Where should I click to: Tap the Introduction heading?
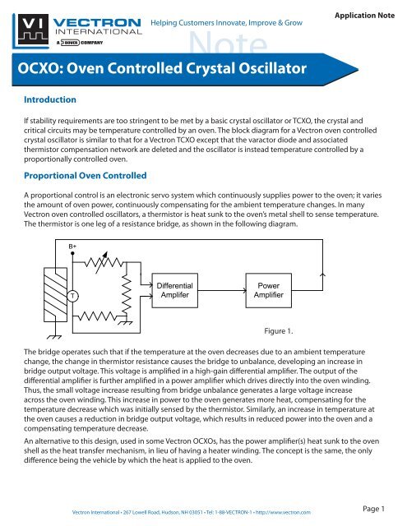coord(50,99)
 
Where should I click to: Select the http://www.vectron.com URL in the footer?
coord(283,511)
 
